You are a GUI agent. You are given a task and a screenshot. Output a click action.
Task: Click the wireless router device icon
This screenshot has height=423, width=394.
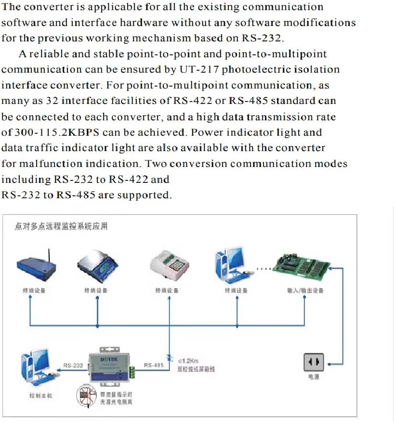click(37, 266)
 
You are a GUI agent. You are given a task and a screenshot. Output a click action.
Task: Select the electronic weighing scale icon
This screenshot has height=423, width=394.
click(98, 266)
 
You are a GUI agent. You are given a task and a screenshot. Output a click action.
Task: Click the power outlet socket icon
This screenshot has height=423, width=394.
click(313, 362)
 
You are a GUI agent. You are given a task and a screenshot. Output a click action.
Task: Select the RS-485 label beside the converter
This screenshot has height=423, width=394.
click(154, 365)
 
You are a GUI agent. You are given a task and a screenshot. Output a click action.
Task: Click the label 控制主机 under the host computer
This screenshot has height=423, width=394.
click(40, 396)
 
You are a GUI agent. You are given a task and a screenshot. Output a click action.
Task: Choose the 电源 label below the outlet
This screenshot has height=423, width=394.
click(313, 377)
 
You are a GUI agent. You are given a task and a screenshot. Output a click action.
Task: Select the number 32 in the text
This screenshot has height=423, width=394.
click(52, 101)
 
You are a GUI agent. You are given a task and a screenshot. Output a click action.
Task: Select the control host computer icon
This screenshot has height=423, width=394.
click(37, 370)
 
